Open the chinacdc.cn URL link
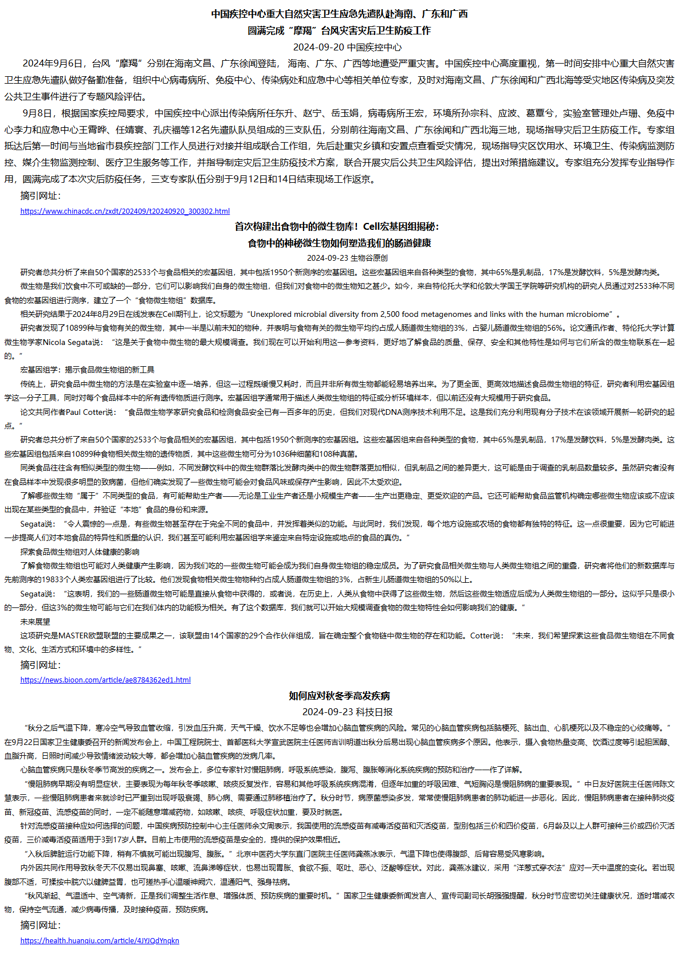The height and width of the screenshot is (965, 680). [125, 211]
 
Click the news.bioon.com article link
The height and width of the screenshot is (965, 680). [105, 680]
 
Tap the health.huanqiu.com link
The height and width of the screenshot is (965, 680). [100, 940]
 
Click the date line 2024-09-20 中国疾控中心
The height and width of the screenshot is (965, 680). [347, 47]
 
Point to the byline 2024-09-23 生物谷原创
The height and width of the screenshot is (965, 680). [347, 258]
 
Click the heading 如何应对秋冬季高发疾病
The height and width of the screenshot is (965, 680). [339, 696]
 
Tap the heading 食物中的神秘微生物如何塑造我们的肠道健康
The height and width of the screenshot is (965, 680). [339, 243]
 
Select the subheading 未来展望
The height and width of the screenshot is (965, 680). [35, 621]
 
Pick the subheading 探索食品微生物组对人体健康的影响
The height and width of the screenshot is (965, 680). [80, 552]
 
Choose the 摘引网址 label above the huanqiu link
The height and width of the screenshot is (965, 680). [40, 925]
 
